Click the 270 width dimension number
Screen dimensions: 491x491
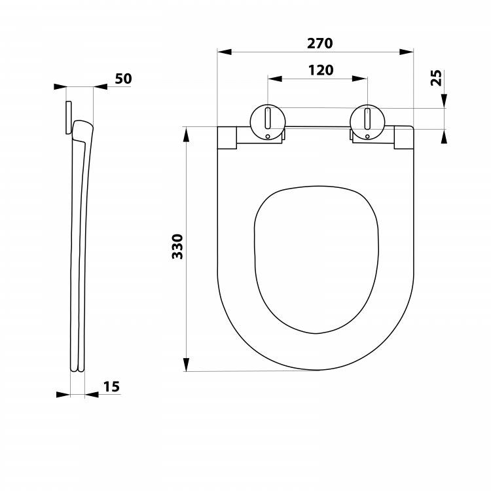click(319, 43)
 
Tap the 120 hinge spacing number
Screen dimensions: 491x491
click(321, 71)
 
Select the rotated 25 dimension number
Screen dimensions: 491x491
click(436, 78)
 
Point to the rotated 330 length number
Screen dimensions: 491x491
click(177, 246)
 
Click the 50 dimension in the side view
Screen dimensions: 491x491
click(123, 79)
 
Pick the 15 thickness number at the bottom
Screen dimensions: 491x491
click(111, 387)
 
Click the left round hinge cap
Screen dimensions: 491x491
click(268, 122)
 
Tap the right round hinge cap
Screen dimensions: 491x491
click(367, 122)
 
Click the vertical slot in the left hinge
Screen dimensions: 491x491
click(268, 118)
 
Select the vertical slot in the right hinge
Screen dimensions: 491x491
click(367, 118)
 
